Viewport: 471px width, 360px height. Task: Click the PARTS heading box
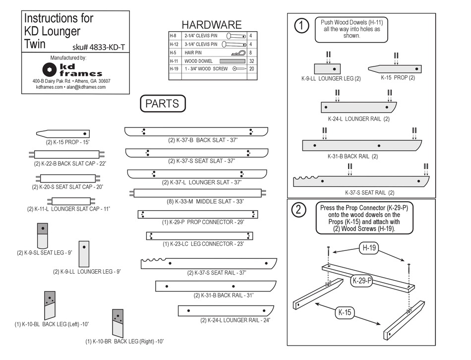pos(162,104)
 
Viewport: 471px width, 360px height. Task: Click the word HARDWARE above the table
pos(211,25)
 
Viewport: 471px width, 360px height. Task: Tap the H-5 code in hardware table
pos(174,52)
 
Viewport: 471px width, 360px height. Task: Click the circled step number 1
pos(301,26)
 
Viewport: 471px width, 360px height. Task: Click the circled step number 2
pos(298,210)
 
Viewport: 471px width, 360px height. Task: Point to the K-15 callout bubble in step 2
pos(345,312)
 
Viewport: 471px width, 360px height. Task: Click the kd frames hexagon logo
pos(49,69)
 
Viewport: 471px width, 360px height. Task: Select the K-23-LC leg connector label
pos(203,244)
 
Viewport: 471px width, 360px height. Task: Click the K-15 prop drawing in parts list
pos(63,134)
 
